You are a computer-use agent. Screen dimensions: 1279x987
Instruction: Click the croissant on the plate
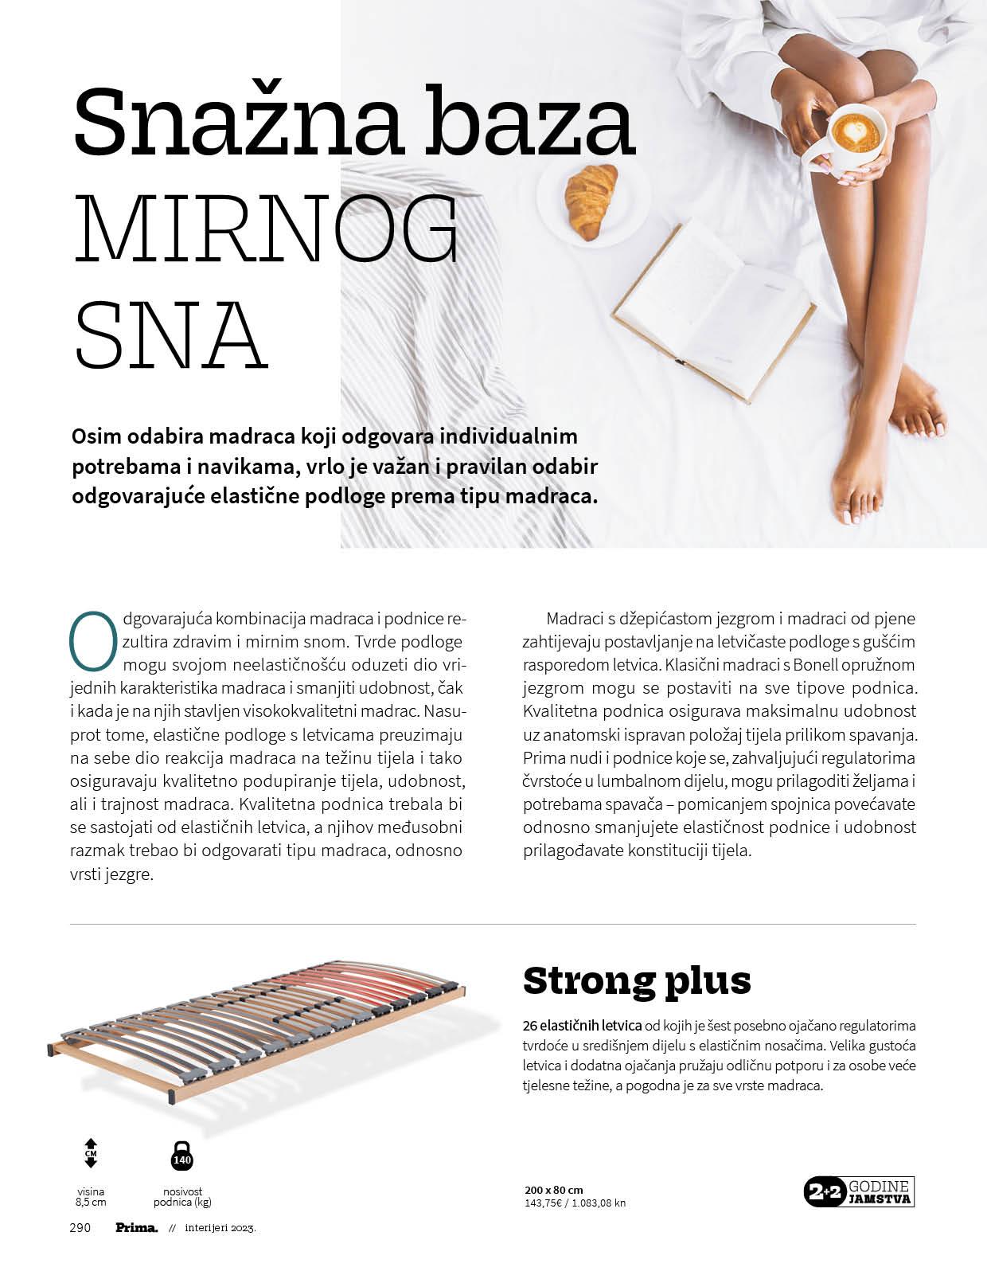click(591, 200)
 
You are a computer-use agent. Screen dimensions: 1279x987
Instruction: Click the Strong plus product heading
click(637, 980)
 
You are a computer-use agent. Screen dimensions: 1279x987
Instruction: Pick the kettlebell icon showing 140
click(182, 1155)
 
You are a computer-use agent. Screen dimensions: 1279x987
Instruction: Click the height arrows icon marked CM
click(90, 1153)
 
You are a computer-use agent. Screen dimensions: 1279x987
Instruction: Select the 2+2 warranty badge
click(860, 1191)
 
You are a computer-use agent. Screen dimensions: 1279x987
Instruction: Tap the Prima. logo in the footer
click(137, 1227)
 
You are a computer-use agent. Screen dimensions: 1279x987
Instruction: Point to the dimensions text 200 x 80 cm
click(554, 1190)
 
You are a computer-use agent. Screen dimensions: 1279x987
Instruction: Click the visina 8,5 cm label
click(90, 1197)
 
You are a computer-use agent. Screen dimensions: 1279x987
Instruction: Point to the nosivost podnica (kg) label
click(182, 1197)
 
